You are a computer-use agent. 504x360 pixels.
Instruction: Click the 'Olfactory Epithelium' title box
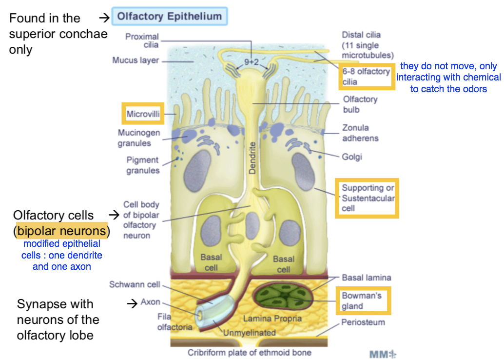[x=169, y=16]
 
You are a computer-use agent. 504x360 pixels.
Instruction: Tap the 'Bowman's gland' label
[x=361, y=300]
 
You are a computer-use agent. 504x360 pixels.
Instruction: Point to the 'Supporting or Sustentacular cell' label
[x=368, y=198]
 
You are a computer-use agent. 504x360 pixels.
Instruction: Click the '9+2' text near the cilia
[x=252, y=62]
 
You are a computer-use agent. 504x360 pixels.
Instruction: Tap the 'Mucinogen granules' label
[x=138, y=138]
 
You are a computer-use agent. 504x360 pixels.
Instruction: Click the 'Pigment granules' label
[x=143, y=165]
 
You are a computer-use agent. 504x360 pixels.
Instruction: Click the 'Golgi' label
[x=352, y=157]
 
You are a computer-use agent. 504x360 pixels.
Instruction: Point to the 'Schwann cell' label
[x=135, y=284]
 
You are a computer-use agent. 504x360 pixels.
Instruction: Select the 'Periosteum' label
[x=363, y=322]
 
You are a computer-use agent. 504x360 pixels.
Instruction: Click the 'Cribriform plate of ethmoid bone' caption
[x=250, y=353]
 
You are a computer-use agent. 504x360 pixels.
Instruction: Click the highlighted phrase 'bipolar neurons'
[x=61, y=230]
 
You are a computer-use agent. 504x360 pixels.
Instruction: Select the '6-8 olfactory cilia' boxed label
[x=366, y=77]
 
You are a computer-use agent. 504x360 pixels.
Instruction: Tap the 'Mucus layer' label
[x=136, y=60]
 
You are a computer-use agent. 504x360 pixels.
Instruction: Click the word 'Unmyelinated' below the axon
[x=250, y=333]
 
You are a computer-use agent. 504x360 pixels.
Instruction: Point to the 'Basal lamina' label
[x=366, y=278]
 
